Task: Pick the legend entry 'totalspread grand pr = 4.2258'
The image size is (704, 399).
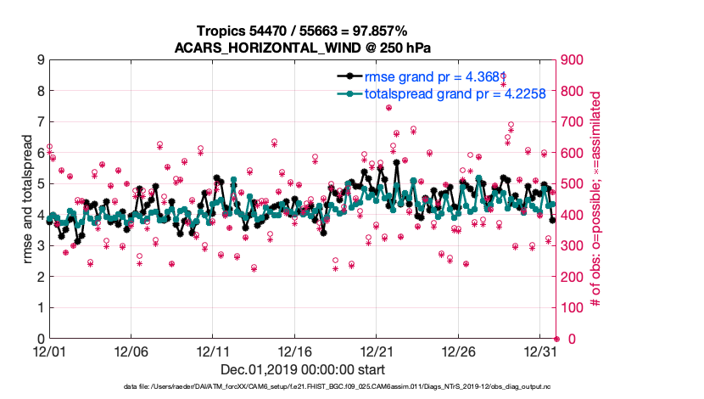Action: pos(449,93)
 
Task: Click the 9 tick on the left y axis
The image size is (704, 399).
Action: pos(39,60)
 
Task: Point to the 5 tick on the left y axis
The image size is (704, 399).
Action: pos(39,184)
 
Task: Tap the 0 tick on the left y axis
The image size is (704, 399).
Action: pos(39,339)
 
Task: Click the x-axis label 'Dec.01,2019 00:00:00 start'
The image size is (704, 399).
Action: pos(302,369)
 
